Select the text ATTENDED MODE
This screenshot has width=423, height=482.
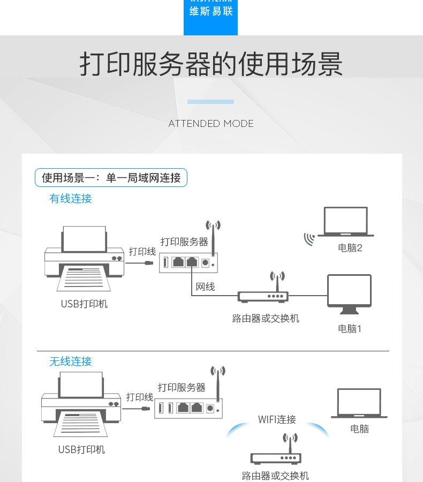coord(211,124)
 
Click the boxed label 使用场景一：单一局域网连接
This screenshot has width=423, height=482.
coord(111,178)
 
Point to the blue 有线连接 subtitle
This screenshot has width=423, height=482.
coord(71,199)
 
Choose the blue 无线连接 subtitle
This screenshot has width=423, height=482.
coord(71,361)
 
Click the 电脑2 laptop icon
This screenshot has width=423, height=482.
coord(346,222)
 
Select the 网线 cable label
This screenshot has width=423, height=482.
coord(205,287)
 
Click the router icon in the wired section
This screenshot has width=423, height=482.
coord(263,295)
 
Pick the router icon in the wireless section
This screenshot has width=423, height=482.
coord(276,457)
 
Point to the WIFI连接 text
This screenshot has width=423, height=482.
coord(277,419)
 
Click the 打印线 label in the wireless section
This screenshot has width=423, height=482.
coord(140,397)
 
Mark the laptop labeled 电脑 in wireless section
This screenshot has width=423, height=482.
coord(359,403)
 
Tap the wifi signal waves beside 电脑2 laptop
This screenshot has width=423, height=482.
coord(309,239)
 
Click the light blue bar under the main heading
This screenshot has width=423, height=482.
coord(211,102)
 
